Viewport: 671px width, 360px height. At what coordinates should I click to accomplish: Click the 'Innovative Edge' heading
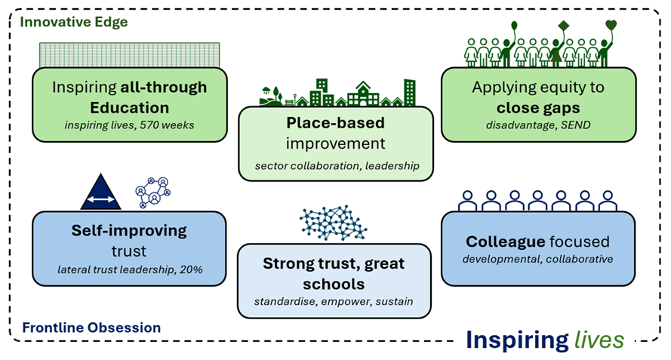pyautogui.click(x=74, y=22)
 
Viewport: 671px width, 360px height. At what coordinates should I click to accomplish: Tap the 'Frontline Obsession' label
pyautogui.click(x=91, y=328)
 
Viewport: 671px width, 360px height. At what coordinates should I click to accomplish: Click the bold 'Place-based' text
pyautogui.click(x=335, y=122)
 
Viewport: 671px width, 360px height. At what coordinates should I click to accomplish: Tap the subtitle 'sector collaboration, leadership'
pyautogui.click(x=336, y=165)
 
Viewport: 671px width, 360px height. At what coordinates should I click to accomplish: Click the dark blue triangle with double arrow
pyautogui.click(x=100, y=192)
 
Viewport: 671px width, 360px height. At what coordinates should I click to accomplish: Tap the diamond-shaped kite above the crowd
pyautogui.click(x=563, y=27)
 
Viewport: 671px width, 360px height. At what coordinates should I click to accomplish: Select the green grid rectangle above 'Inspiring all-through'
pyautogui.click(x=129, y=54)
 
